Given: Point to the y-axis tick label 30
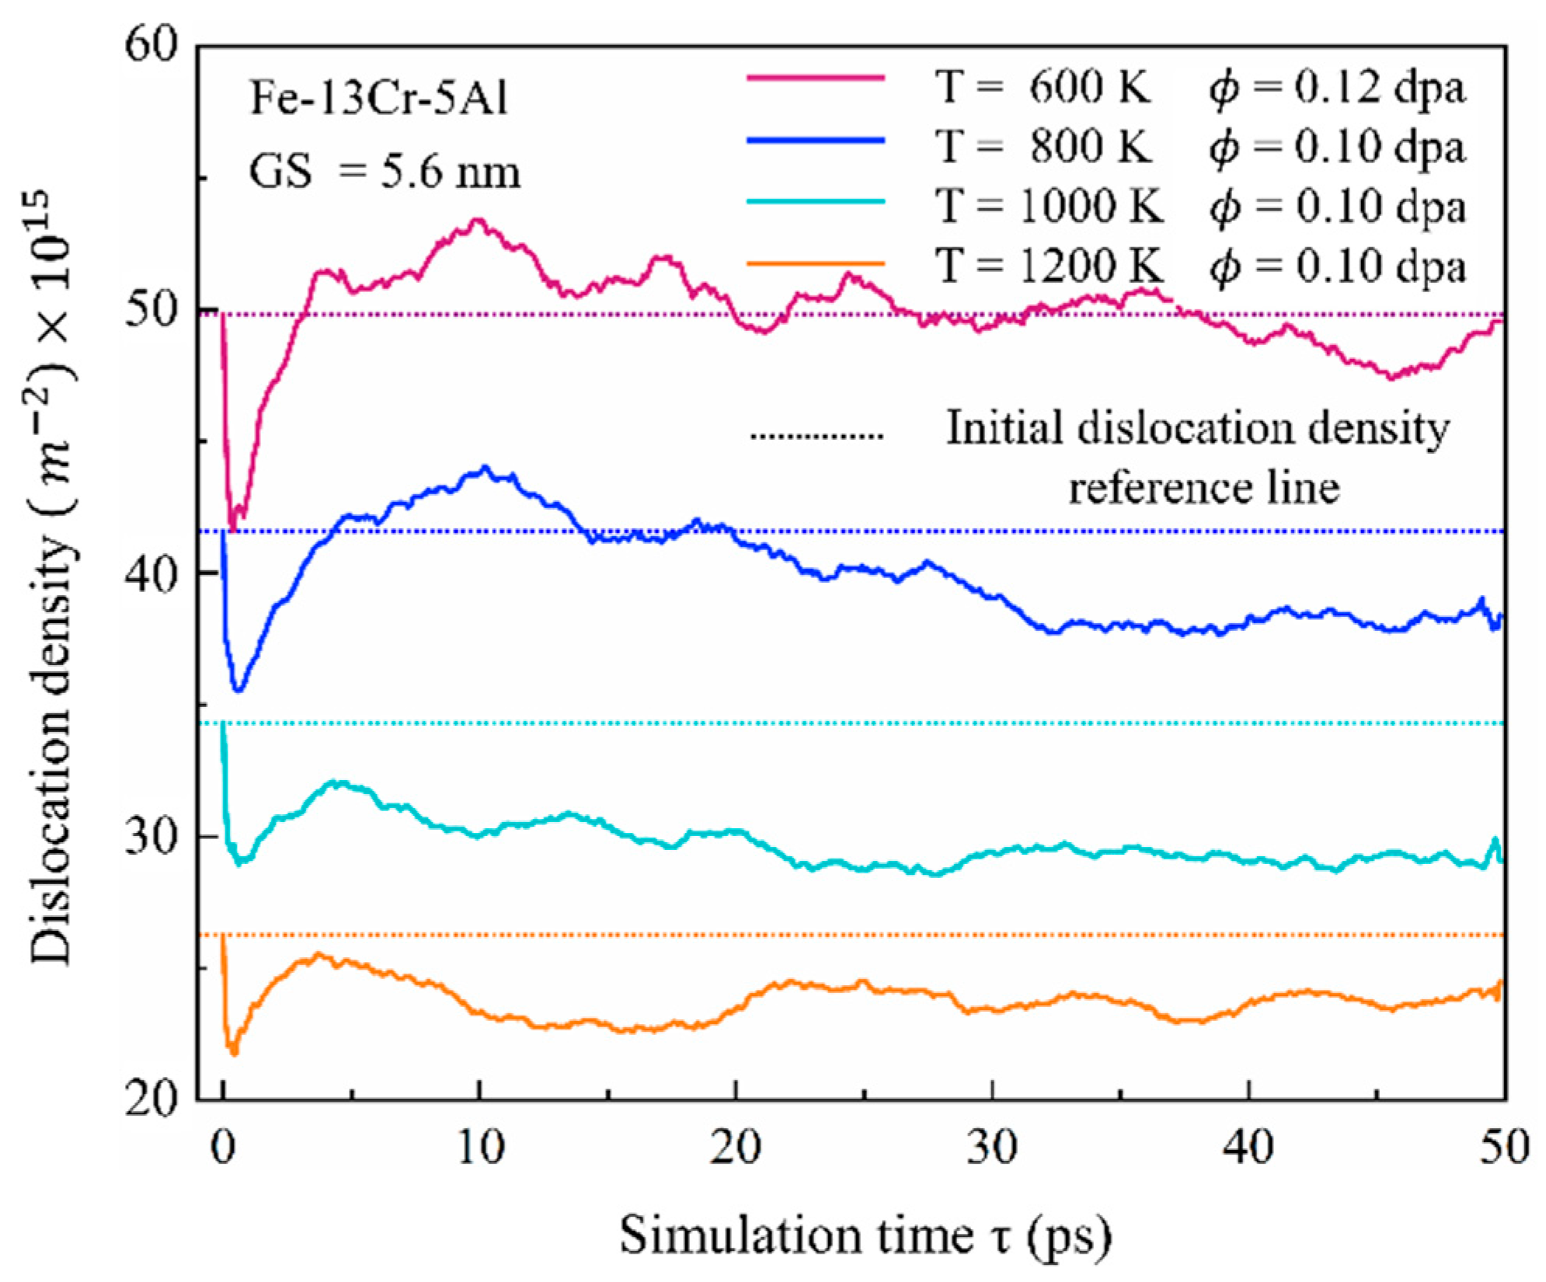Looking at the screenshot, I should point(151,838).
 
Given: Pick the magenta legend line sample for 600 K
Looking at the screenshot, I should point(816,78).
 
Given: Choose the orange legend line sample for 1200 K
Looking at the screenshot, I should point(816,263).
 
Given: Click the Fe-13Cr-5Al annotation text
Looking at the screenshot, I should point(378,99).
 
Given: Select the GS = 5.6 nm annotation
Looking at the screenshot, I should point(384,170).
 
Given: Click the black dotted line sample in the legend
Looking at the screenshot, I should point(816,435).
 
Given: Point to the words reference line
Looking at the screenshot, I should point(1203,488).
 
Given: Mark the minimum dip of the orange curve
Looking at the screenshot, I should point(232,1053).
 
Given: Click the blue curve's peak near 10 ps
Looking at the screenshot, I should point(486,469).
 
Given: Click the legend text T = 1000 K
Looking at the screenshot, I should point(1049,206).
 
